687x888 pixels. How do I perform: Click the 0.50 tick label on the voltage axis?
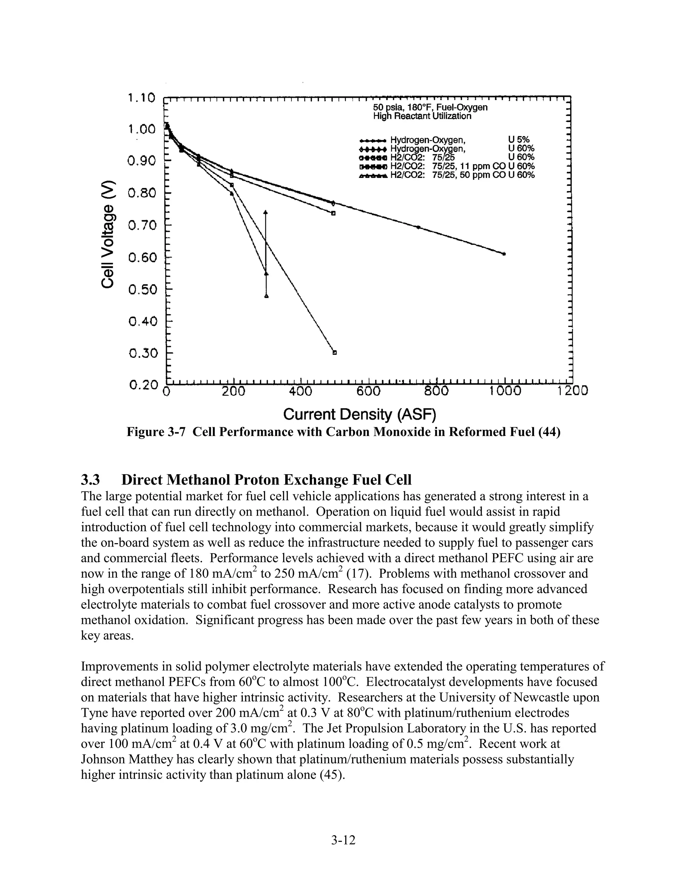[142, 290]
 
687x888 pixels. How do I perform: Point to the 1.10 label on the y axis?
[141, 98]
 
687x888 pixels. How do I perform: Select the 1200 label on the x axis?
[573, 391]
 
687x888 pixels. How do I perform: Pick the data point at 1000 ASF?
[504, 254]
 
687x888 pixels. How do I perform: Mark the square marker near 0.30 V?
[334, 353]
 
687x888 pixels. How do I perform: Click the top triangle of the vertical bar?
[266, 212]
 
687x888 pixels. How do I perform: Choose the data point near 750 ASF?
[418, 227]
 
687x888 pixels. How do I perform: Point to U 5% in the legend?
[519, 140]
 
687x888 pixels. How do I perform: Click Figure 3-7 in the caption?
[156, 432]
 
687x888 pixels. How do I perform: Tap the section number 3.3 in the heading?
[90, 480]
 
